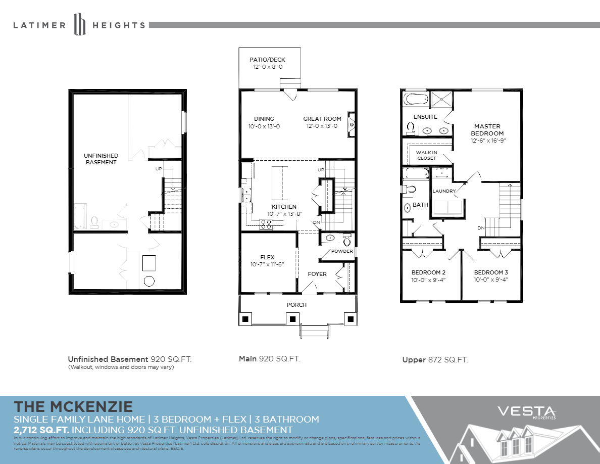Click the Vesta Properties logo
pos(527,412)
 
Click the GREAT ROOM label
pos(322,119)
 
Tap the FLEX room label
pos(267,257)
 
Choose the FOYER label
pos(317,274)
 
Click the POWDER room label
pos(342,251)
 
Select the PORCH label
pos(296,305)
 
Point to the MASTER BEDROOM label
pos(487,130)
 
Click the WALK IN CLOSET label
pos(426,155)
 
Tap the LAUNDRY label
pos(444,191)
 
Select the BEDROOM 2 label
pos(428,272)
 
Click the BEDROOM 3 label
pos(490,272)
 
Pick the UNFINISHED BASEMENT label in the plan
pos(101,159)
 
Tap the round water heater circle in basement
pos(149,281)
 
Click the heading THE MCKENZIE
pos(73,406)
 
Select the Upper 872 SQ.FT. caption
pos(435,360)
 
